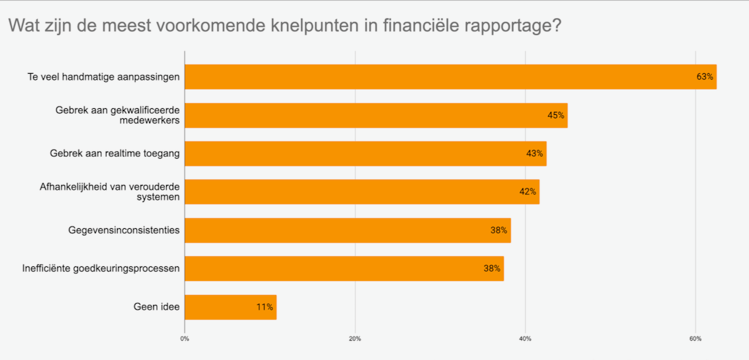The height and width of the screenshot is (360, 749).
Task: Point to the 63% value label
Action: [705, 77]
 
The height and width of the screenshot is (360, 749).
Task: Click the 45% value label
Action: [556, 115]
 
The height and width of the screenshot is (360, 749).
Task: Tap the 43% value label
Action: [535, 153]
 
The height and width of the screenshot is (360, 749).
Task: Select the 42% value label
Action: [528, 192]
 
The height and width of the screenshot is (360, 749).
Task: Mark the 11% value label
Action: [264, 307]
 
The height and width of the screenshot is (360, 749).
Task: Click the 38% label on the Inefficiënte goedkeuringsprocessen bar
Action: [492, 269]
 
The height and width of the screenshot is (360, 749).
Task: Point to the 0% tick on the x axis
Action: [184, 339]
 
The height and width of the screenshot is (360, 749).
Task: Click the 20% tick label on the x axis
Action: [355, 339]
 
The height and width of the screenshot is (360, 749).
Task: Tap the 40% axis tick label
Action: [525, 339]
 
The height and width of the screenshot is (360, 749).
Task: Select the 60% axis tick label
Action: [695, 339]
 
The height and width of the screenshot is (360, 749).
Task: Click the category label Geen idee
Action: [157, 307]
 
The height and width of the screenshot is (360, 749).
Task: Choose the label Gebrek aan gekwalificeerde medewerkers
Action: [118, 115]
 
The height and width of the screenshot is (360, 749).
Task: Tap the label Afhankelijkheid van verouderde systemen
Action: [109, 192]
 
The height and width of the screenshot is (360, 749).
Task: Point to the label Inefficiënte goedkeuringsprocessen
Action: [101, 269]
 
